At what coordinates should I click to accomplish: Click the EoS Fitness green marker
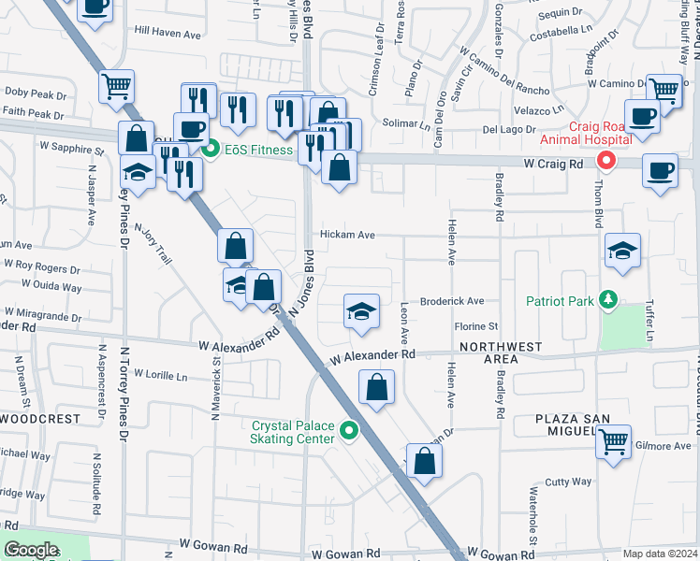coord(211,149)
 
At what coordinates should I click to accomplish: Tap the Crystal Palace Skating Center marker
coord(349,431)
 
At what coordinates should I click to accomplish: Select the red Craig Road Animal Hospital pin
coord(605,161)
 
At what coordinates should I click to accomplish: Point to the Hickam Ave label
coord(348,235)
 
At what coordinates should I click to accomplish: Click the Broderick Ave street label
coord(452,301)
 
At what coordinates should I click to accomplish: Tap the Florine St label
coord(475,326)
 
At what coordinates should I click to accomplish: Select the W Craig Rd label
coord(553,163)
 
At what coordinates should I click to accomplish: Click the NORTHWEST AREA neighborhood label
coord(501,352)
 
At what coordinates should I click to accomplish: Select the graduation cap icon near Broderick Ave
coord(361,311)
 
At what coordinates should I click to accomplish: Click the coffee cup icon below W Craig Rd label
coord(661,170)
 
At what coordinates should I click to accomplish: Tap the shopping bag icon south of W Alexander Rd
coord(376,387)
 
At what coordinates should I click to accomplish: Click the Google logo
coord(31,549)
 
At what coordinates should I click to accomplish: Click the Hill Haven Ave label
coord(168,33)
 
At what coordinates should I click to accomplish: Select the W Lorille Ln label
coord(160,374)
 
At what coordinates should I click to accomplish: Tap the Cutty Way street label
coord(568,482)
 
